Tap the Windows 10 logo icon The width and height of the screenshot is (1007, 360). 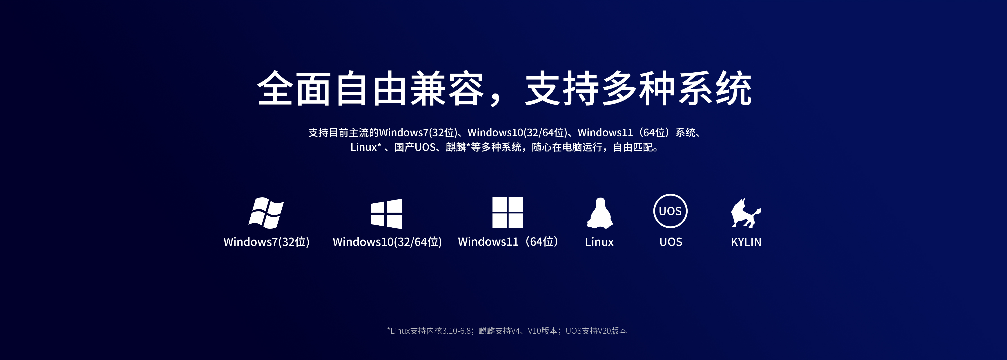point(387,213)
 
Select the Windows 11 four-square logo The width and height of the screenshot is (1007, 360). point(507,212)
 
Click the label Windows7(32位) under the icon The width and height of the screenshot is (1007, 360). point(267,242)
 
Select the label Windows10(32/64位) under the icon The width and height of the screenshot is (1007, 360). point(387,242)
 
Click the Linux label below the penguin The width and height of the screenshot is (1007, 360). point(599,242)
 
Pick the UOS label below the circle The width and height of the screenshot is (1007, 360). point(671,242)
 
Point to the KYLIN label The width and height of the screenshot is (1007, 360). point(746,242)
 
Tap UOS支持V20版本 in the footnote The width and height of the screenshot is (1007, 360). point(596,331)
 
